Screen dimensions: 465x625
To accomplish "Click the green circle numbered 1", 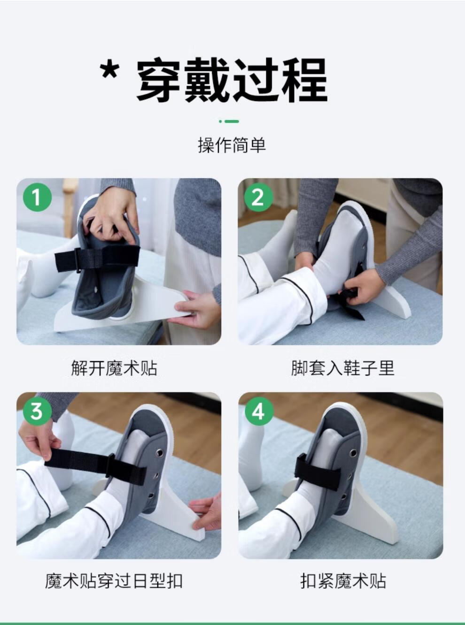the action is (x=37, y=197).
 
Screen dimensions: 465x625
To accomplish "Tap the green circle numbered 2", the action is (x=258, y=197).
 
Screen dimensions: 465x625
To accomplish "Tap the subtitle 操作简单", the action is (x=232, y=145).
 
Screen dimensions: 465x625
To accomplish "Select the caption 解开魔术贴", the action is (x=114, y=368).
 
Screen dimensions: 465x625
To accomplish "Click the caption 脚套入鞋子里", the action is (x=342, y=368).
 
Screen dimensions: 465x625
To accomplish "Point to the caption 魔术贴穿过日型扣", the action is (x=114, y=581).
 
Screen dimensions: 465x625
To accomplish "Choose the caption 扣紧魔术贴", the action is (x=343, y=581).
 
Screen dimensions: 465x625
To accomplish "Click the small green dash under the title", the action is (x=229, y=122).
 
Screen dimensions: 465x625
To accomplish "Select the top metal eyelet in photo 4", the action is (x=353, y=454).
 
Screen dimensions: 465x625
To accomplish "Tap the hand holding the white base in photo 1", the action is (x=195, y=309).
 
